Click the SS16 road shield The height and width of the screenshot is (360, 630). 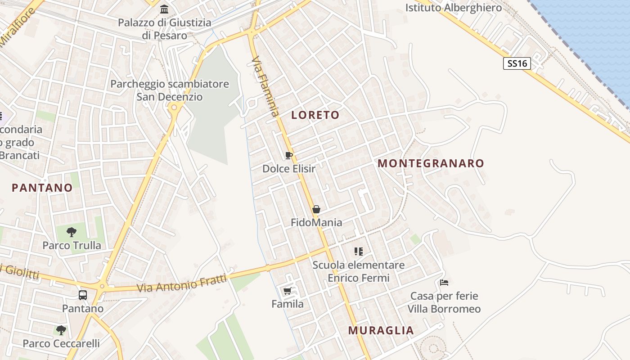point(517,63)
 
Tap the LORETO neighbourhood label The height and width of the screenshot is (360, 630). point(315,115)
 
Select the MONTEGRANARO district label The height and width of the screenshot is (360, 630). point(431,163)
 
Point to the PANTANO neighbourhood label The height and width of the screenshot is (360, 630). point(42,188)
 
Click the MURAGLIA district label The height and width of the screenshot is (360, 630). point(381,331)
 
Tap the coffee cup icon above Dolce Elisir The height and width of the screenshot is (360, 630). point(289,156)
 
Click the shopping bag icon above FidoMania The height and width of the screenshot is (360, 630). point(316,209)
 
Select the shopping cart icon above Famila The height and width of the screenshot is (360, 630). point(288,291)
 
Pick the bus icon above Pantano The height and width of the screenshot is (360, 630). point(83,295)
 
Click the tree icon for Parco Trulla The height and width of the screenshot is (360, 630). point(71,232)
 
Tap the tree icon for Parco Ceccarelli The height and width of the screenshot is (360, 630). point(61,330)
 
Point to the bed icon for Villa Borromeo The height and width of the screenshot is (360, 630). point(444,283)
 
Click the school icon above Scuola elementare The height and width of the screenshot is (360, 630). point(358,251)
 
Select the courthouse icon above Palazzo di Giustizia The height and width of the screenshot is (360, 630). point(164,9)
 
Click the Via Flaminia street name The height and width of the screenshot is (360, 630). point(265,85)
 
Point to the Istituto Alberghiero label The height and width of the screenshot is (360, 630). point(453,8)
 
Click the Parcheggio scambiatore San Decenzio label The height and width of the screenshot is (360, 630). point(170,90)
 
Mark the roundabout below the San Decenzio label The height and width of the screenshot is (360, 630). point(174,107)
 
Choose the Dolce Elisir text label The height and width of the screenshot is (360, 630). point(289,169)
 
